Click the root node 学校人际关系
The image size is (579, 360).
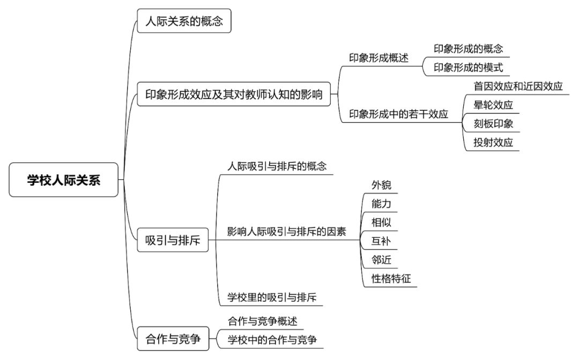pos(63,179)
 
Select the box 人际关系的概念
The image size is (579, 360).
pos(184,21)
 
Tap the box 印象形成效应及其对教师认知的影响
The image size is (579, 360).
pos(234,94)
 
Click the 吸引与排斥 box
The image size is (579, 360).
pos(173,240)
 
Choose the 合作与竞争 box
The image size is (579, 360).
pos(173,339)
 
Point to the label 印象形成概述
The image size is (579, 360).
pos(379,58)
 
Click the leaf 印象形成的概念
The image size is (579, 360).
pos(468,49)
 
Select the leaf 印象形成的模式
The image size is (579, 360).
pos(468,67)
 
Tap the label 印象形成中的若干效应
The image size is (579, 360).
pos(398,114)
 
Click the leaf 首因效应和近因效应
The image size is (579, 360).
pos(518,86)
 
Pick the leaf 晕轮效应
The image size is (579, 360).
pos(493,105)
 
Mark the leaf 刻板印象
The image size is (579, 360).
pos(493,124)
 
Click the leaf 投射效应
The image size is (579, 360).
pos(493,142)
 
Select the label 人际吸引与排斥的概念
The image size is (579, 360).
pos(277,167)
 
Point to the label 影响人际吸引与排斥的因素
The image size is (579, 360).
pos(286,231)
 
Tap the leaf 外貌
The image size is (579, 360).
pos(381,185)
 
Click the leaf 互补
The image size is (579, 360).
pos(381,241)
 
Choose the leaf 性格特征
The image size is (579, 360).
pos(391,279)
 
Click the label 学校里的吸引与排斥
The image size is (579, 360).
pos(272,297)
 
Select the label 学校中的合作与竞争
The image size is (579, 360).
pos(272,340)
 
